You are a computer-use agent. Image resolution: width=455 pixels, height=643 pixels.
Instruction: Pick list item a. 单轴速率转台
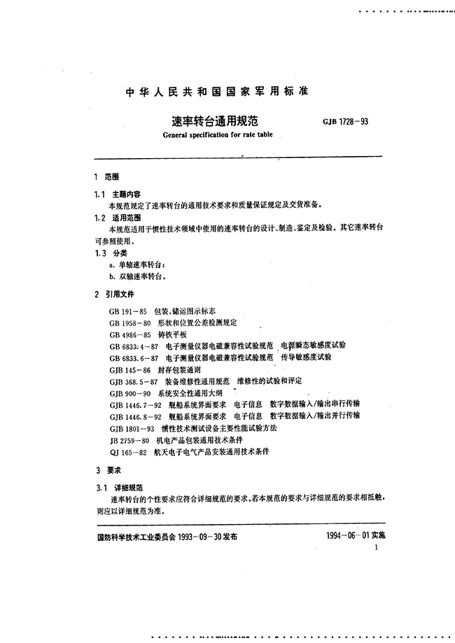click(138, 265)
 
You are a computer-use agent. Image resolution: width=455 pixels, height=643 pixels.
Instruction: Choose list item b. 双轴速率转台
click(138, 277)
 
